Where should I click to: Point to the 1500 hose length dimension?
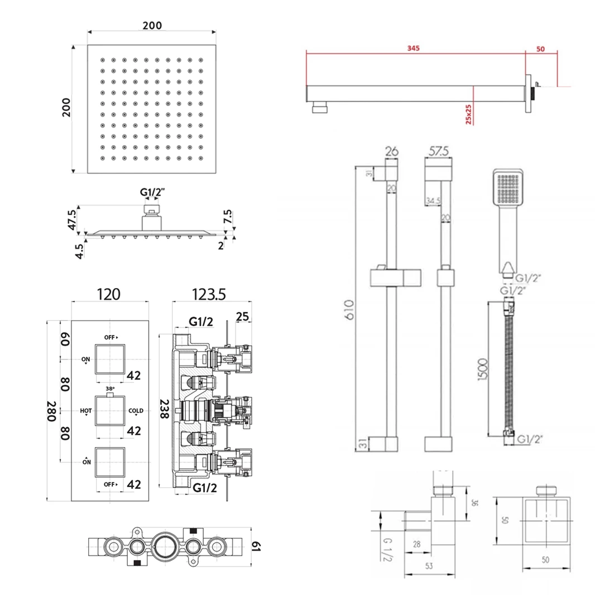pyautogui.click(x=483, y=368)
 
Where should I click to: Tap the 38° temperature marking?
pyautogui.click(x=109, y=388)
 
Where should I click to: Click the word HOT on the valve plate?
pyautogui.click(x=85, y=411)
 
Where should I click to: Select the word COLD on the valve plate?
pyautogui.click(x=136, y=411)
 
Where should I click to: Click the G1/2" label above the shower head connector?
pyautogui.click(x=152, y=193)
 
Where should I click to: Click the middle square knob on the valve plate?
pyautogui.click(x=109, y=411)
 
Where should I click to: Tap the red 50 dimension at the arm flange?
pyautogui.click(x=540, y=49)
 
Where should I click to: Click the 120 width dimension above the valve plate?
pyautogui.click(x=109, y=294)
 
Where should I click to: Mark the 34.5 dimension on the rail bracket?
pyautogui.click(x=433, y=200)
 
